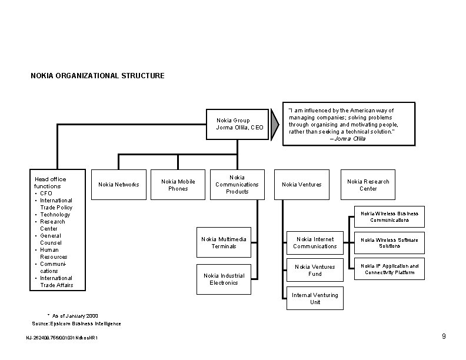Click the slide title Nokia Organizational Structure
98,76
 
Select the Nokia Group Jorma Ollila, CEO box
237,124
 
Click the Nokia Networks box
119,185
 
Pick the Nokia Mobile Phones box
178,185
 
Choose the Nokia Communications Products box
237,185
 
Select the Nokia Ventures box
301,185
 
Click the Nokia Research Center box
368,185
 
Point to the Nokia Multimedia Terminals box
224,242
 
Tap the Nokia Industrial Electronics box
224,279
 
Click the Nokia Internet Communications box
315,242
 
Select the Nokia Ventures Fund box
315,270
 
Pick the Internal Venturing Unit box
315,298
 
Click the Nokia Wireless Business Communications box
389,217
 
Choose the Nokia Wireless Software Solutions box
389,242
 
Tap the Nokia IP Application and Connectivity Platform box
389,269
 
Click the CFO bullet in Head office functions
46,193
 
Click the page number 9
444,336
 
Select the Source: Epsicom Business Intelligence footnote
76,324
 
